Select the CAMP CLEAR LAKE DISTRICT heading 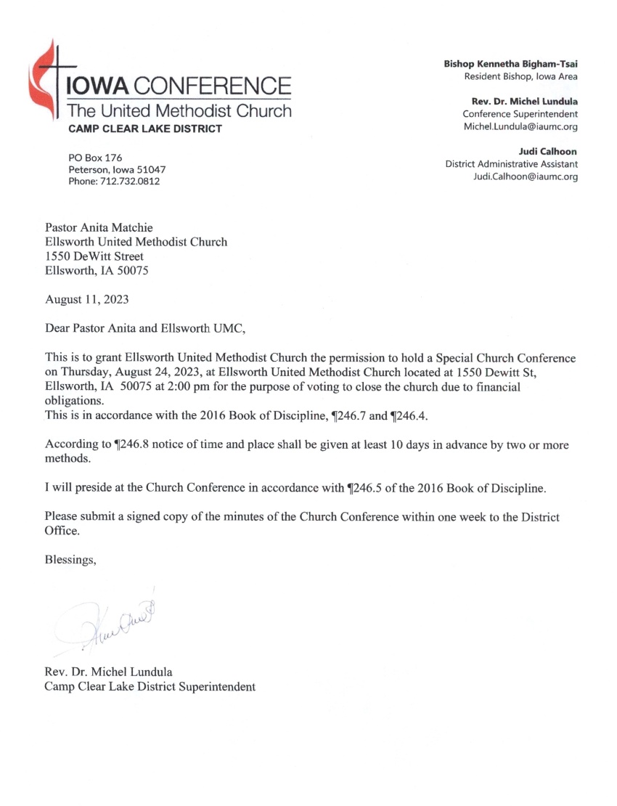(x=145, y=129)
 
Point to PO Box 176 (x=95, y=157)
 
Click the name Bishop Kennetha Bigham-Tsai (x=511, y=64)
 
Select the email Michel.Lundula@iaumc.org (x=520, y=126)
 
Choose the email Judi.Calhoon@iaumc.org (x=526, y=176)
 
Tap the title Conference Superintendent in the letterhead (x=520, y=113)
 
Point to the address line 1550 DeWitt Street (x=94, y=256)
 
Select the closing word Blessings (x=70, y=559)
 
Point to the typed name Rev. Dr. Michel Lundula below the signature (x=109, y=672)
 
